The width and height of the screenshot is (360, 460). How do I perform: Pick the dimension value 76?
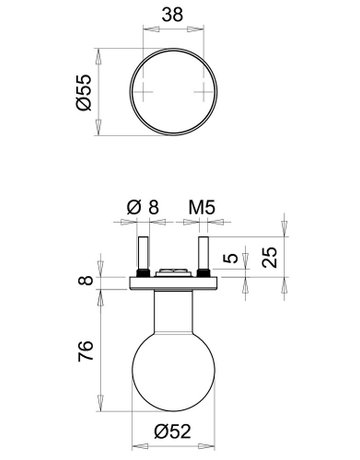tap(87, 350)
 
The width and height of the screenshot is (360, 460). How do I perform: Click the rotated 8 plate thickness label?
tap(87, 284)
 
